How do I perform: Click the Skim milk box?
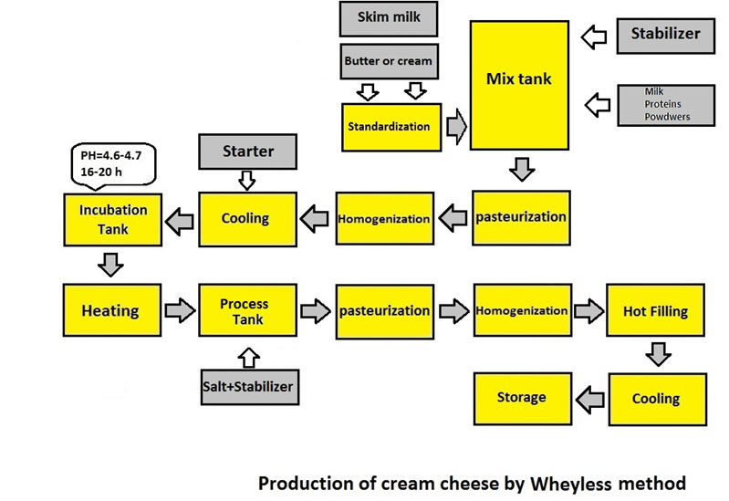(x=387, y=18)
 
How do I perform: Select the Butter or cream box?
(x=388, y=61)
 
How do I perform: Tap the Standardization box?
(x=388, y=126)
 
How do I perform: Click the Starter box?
(x=248, y=150)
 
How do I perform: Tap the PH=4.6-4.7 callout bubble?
(x=113, y=162)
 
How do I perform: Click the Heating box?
(x=110, y=310)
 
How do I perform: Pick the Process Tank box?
(x=245, y=310)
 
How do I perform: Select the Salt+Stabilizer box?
(x=248, y=387)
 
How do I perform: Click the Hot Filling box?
(x=655, y=311)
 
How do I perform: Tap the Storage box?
(x=521, y=397)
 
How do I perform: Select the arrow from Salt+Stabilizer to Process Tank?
(x=247, y=355)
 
